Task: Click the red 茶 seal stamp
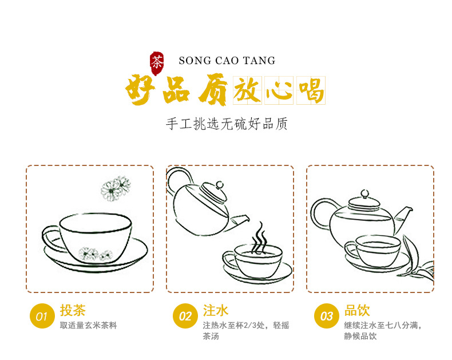click(x=157, y=64)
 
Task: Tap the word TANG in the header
click(x=259, y=61)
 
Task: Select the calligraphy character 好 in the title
click(x=139, y=89)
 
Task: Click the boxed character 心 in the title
click(x=279, y=90)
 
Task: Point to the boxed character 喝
click(x=311, y=90)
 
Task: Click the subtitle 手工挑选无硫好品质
click(x=227, y=124)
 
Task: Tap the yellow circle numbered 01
click(x=42, y=316)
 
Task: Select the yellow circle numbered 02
click(x=185, y=316)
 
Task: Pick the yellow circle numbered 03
click(x=326, y=316)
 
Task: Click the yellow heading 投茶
click(x=73, y=310)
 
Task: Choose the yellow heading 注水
click(x=216, y=310)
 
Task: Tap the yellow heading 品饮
click(x=357, y=310)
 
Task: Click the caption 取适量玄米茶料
click(x=89, y=326)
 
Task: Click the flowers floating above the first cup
click(x=116, y=188)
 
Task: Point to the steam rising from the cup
click(x=259, y=238)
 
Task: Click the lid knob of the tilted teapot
click(x=220, y=185)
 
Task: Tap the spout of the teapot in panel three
click(x=403, y=219)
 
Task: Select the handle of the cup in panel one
click(x=53, y=238)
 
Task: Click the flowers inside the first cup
click(x=95, y=254)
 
